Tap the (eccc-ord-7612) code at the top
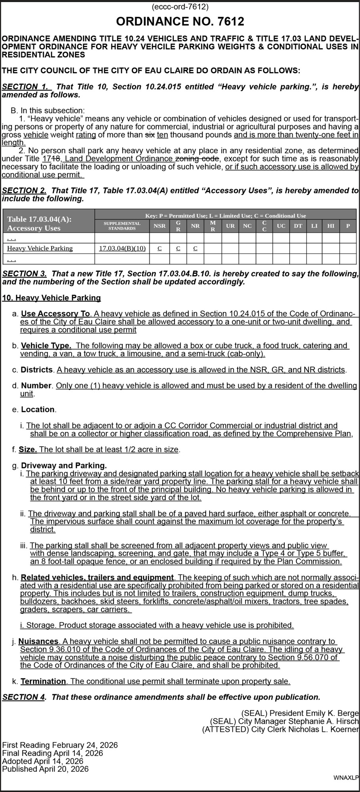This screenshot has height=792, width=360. point(180,7)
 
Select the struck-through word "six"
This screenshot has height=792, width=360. point(150,135)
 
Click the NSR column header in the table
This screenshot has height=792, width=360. point(160,226)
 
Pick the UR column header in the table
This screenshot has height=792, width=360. point(230,226)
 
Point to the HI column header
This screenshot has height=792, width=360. point(331,226)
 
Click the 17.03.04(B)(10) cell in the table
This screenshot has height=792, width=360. point(122,248)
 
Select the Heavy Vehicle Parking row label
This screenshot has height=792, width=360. point(40,248)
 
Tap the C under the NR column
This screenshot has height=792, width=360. point(195,248)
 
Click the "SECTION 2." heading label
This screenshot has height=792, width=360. point(25,190)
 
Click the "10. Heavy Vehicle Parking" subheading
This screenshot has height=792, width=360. point(51,298)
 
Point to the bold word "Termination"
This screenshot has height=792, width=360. point(43,681)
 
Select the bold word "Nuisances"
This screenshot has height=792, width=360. point(39,641)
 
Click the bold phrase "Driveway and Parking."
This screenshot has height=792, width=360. point(64,466)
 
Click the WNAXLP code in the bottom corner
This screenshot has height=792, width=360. point(346,778)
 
